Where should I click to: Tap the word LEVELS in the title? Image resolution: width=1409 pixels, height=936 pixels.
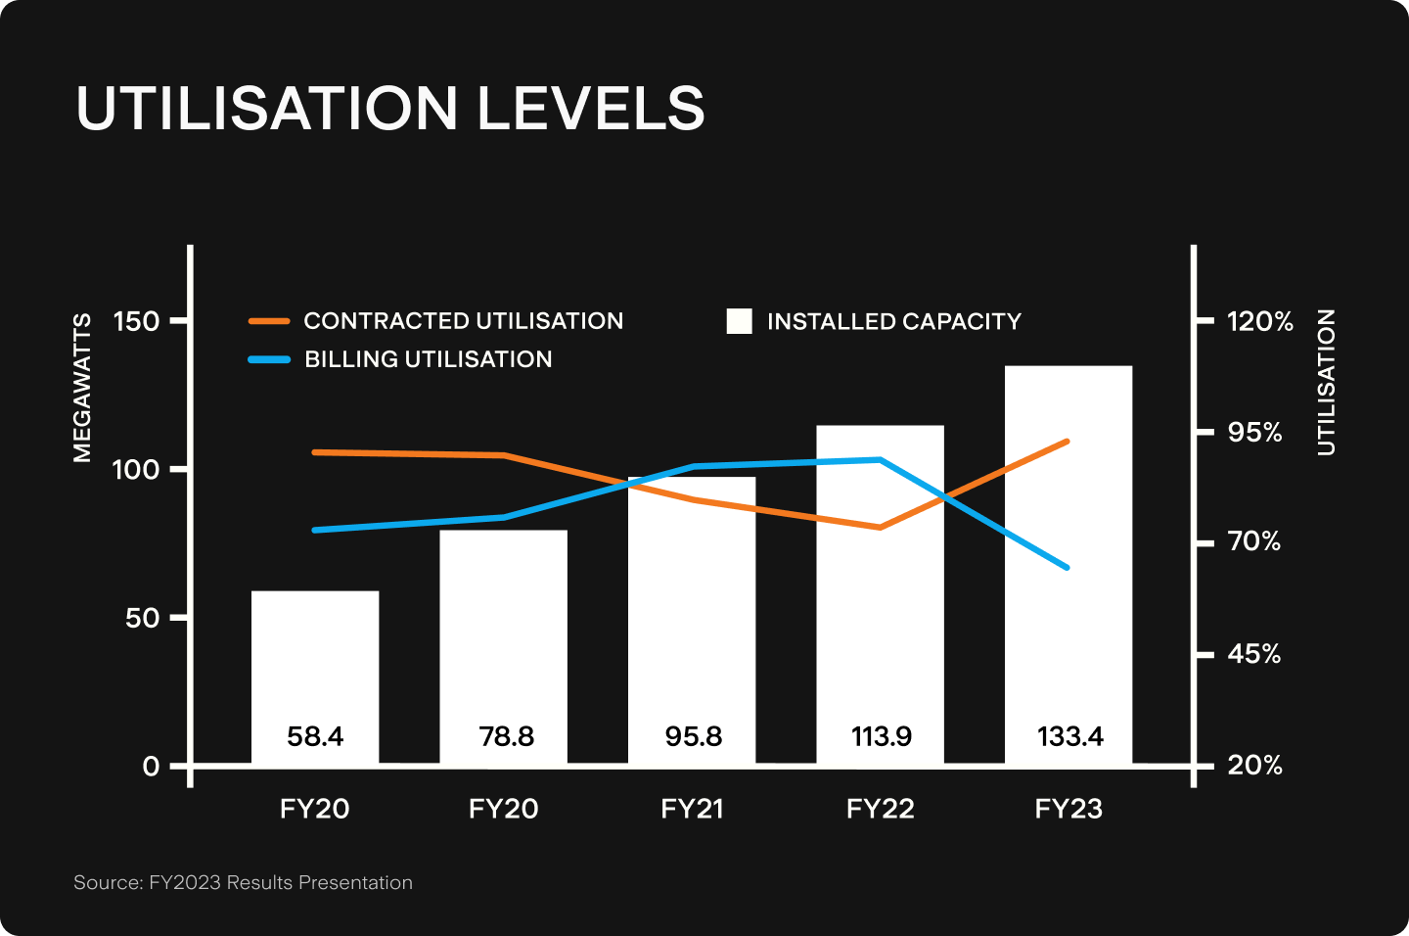point(591,108)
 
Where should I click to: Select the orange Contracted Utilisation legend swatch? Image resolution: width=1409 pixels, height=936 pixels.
point(269,321)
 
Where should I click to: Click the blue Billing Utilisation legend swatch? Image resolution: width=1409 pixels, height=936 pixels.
point(269,359)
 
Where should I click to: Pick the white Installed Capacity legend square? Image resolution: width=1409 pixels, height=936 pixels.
point(740,321)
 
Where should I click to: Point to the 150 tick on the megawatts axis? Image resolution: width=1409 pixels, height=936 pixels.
point(136,321)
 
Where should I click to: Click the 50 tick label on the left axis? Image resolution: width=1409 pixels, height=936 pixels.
point(143,618)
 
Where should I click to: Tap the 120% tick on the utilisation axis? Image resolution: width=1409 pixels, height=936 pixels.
point(1260,321)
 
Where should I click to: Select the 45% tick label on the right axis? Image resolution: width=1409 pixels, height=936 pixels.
point(1254,653)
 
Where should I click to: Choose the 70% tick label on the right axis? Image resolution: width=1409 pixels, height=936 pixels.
point(1254,541)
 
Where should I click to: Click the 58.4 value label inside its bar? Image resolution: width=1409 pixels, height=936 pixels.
point(315,736)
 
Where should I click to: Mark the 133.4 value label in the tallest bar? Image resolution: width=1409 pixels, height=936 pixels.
point(1069,736)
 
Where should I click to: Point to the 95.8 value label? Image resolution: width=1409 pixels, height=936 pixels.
point(693,736)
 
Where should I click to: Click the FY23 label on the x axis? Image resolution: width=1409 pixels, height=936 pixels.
point(1068,809)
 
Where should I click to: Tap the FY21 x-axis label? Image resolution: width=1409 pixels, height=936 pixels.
point(692,809)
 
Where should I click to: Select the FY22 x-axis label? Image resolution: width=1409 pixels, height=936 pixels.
point(881,809)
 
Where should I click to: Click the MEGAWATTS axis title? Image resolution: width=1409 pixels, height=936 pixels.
point(82,388)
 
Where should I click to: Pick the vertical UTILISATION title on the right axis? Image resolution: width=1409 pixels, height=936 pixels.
point(1326,383)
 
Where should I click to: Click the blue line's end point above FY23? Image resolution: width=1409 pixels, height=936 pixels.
point(1068,567)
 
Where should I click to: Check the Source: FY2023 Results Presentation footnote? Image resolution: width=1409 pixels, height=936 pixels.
point(243,883)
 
